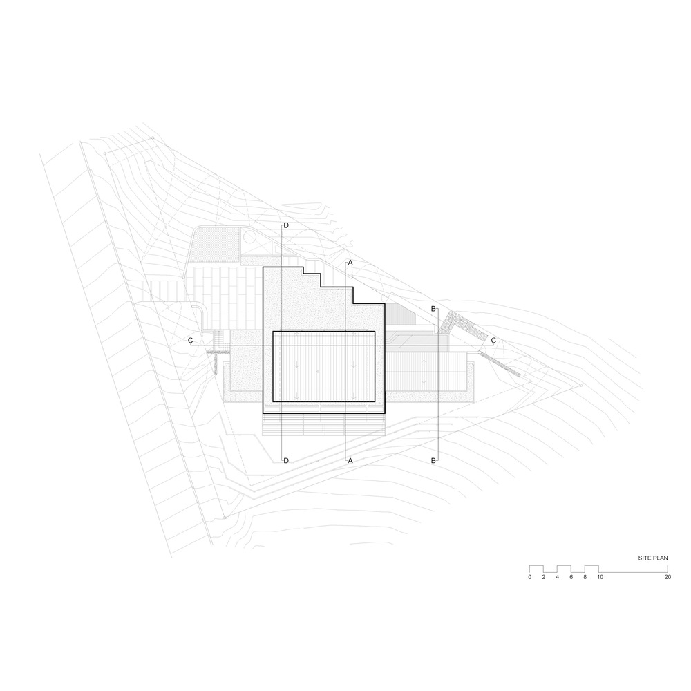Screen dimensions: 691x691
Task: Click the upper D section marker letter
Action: tap(286, 226)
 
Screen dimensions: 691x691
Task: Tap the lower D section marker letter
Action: tap(286, 460)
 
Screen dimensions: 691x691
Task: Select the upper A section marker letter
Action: tap(350, 263)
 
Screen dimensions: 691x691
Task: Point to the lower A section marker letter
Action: tap(350, 460)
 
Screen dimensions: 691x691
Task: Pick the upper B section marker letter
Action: tap(433, 309)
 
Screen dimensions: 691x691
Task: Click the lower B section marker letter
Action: tap(433, 460)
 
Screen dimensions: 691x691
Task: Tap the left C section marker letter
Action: tap(191, 341)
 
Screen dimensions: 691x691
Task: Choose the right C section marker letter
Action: tap(493, 341)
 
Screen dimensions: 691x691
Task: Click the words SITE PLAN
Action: tap(653, 558)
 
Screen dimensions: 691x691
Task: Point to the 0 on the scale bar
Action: tap(530, 577)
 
